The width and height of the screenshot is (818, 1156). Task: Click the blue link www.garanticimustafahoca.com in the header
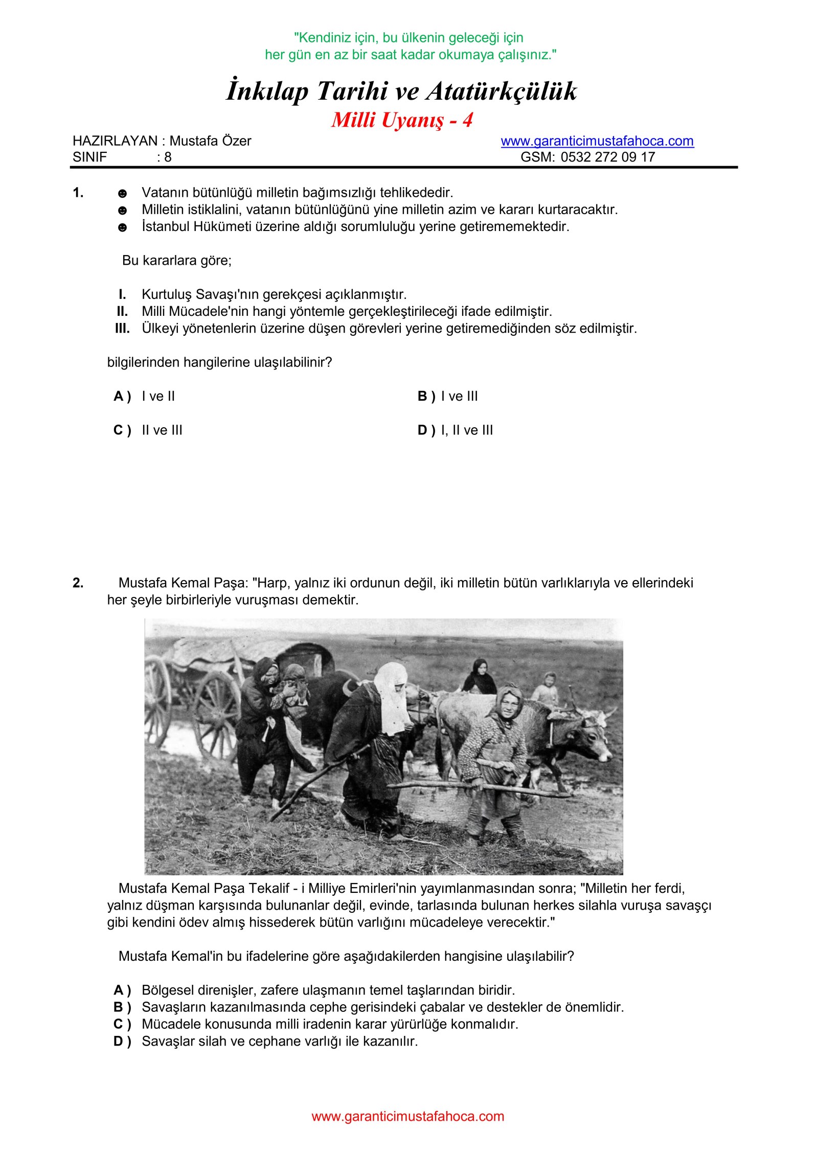597,141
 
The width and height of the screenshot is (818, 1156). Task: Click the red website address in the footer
407,1116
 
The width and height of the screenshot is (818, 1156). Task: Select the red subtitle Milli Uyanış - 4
402,121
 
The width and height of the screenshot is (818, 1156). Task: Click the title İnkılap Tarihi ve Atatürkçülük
401,91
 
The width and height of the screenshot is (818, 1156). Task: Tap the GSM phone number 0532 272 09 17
607,157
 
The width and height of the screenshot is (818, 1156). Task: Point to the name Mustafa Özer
210,141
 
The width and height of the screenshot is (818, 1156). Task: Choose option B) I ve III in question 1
447,396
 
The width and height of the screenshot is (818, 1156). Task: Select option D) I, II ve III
455,430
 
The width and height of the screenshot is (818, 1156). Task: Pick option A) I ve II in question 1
144,396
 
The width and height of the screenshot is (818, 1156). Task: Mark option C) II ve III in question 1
148,430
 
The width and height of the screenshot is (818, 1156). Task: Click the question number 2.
78,583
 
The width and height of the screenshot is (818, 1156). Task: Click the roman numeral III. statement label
122,328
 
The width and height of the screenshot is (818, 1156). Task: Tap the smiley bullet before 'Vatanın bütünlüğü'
122,194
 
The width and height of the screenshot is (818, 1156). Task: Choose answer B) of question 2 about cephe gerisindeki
368,1007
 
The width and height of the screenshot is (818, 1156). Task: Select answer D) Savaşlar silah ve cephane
266,1041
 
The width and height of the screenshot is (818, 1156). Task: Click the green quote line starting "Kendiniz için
408,38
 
